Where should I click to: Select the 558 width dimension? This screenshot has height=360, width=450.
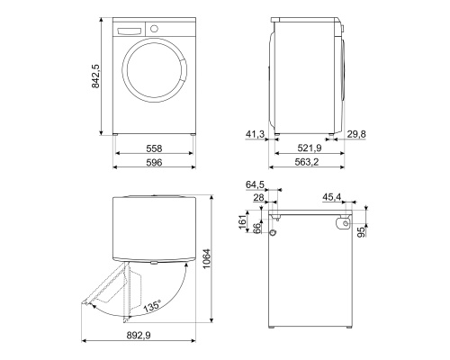pyautogui.click(x=154, y=149)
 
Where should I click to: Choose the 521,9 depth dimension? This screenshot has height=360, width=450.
pyautogui.click(x=306, y=149)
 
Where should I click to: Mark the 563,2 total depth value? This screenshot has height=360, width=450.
pyautogui.click(x=306, y=163)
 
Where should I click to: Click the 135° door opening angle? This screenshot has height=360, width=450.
pyautogui.click(x=150, y=306)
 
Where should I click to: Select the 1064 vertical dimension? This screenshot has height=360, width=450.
pyautogui.click(x=208, y=260)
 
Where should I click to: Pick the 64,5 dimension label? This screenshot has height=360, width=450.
pyautogui.click(x=256, y=185)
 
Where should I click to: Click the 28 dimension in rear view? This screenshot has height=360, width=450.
pyautogui.click(x=258, y=198)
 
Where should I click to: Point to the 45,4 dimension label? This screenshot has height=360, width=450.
pyautogui.click(x=332, y=198)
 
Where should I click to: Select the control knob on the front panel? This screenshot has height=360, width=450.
pyautogui.click(x=155, y=28)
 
